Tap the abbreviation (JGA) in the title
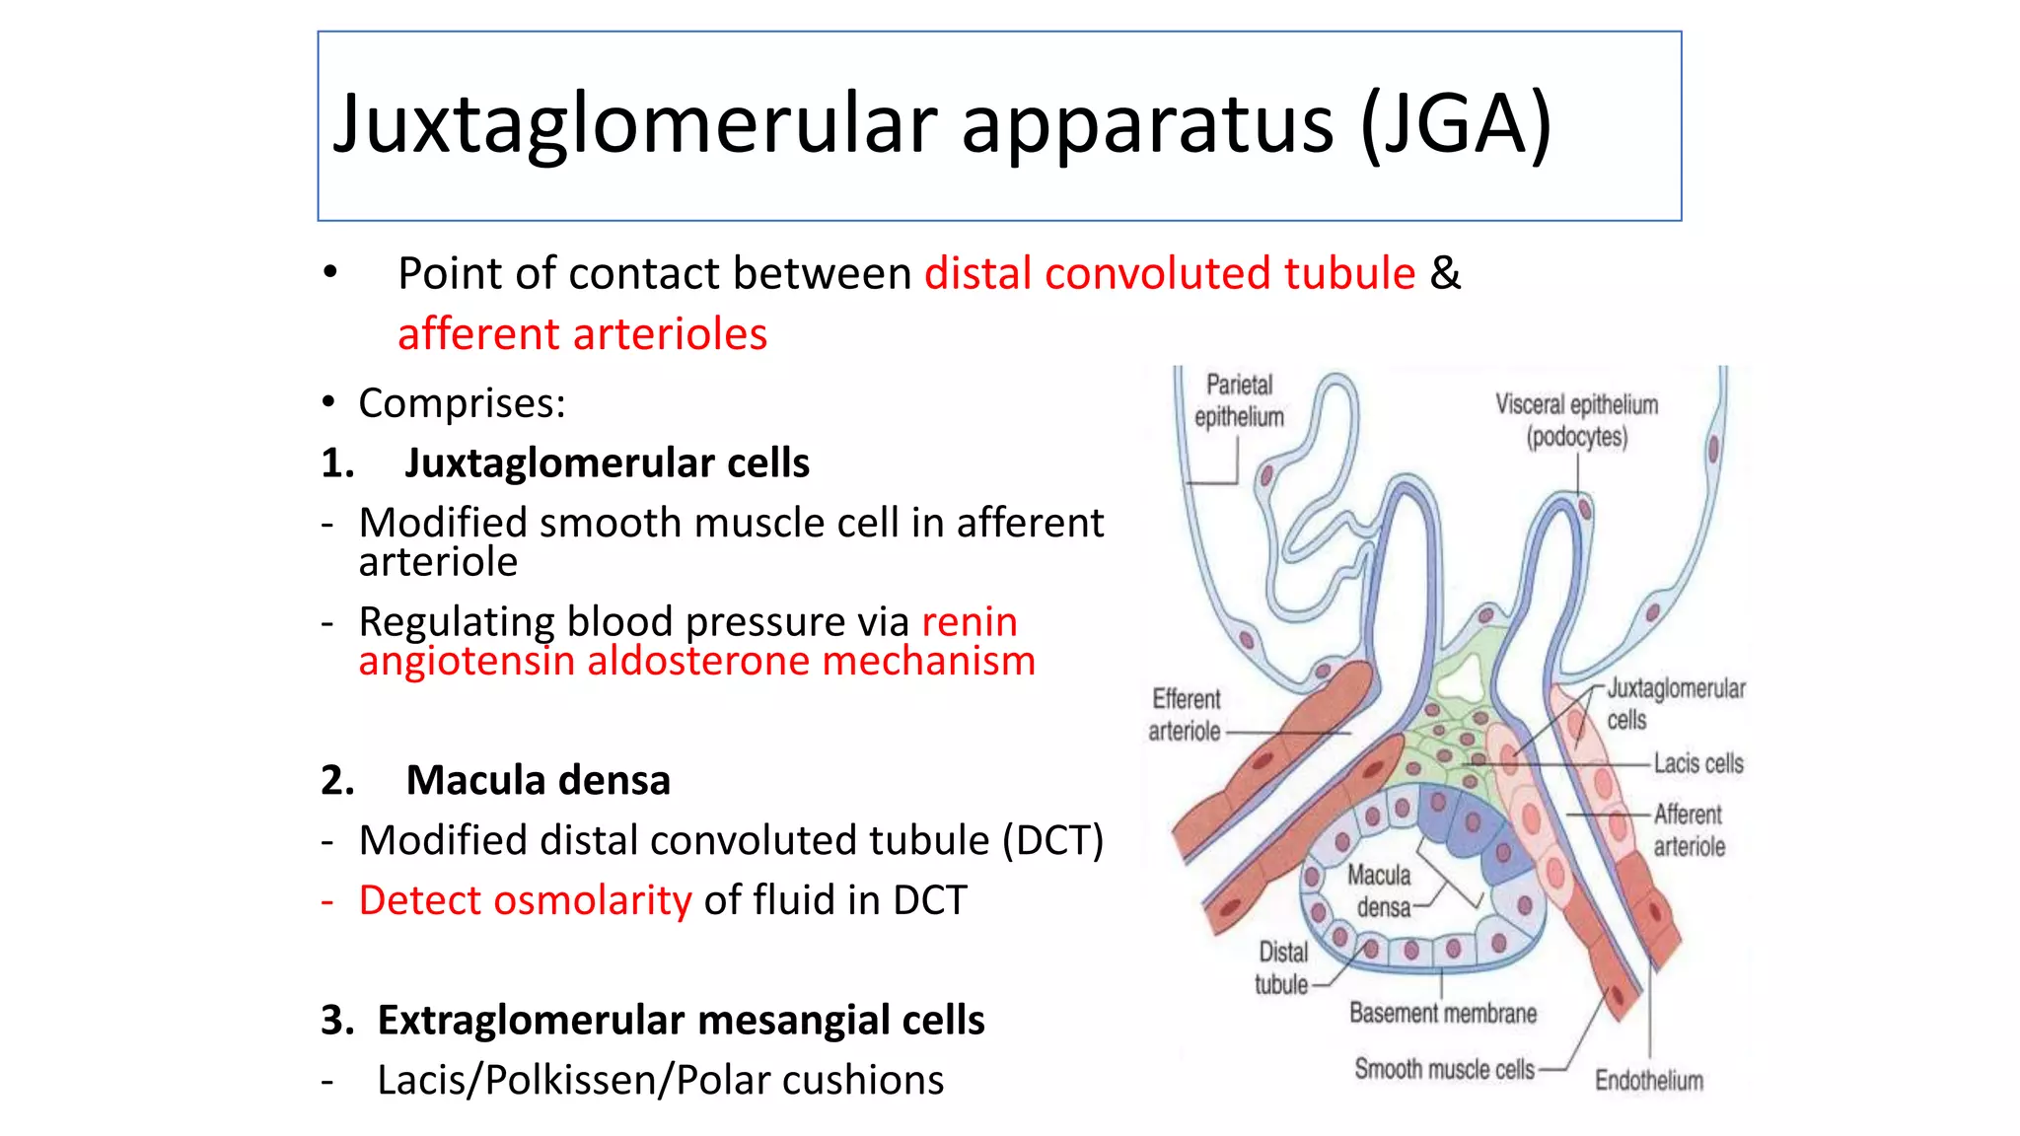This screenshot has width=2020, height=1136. [x=1455, y=124]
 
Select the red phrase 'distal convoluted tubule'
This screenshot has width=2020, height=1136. [x=1170, y=273]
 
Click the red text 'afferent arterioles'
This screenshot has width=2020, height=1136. [x=582, y=334]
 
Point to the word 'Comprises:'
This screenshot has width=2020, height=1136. [x=462, y=403]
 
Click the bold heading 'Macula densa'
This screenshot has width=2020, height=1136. [x=538, y=780]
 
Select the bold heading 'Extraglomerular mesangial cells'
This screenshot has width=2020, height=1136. [x=681, y=1020]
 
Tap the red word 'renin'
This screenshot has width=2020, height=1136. [x=970, y=622]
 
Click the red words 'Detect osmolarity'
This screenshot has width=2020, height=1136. [x=525, y=900]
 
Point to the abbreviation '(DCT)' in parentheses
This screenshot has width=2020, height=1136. [x=1053, y=840]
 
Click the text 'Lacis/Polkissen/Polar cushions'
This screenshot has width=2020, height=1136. [x=660, y=1080]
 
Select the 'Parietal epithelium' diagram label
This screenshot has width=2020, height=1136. [x=1239, y=400]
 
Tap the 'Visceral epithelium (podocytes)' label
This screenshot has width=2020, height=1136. [x=1576, y=420]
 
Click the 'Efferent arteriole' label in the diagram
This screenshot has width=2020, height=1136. [x=1186, y=715]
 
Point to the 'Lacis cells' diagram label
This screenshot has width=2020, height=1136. [x=1698, y=763]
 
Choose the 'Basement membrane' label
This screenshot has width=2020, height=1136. [x=1443, y=1013]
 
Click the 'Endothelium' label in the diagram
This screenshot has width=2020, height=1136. [x=1649, y=1081]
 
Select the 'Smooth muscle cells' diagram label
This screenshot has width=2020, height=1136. [x=1444, y=1069]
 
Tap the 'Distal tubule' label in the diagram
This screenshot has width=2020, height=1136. [x=1282, y=968]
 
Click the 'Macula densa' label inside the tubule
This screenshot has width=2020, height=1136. [x=1381, y=890]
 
